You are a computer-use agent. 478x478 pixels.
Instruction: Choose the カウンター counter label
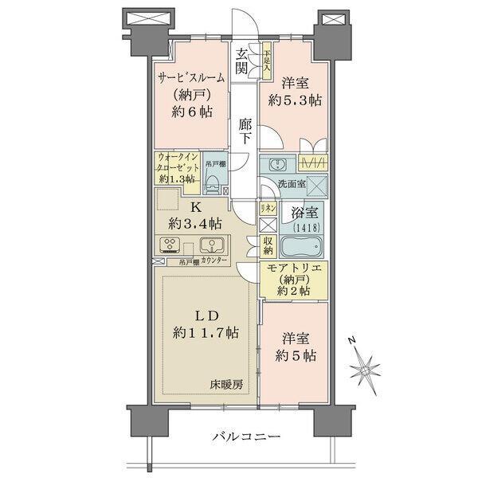click(x=214, y=261)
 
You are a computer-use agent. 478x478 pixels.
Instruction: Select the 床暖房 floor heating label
click(x=227, y=385)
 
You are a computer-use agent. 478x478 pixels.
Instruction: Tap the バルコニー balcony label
click(x=246, y=437)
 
